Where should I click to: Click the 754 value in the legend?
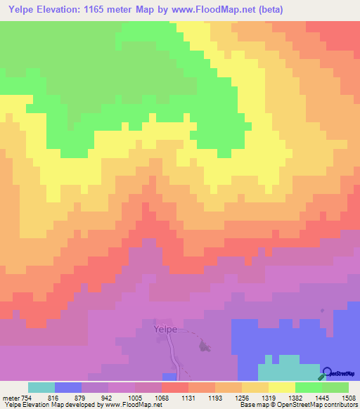coord(25,397)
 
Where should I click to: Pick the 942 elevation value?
coord(106,397)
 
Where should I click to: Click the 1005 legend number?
coord(134,397)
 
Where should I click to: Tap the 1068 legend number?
coord(161,397)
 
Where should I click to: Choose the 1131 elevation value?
coord(188,397)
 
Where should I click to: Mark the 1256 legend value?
coord(241,397)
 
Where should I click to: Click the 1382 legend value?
coord(295,397)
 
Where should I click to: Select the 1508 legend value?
coord(347,397)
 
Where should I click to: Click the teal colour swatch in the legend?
coord(41,387)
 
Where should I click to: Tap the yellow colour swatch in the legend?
coord(281,387)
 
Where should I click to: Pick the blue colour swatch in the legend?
coord(68,387)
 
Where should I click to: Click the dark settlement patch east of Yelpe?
coord(205,346)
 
